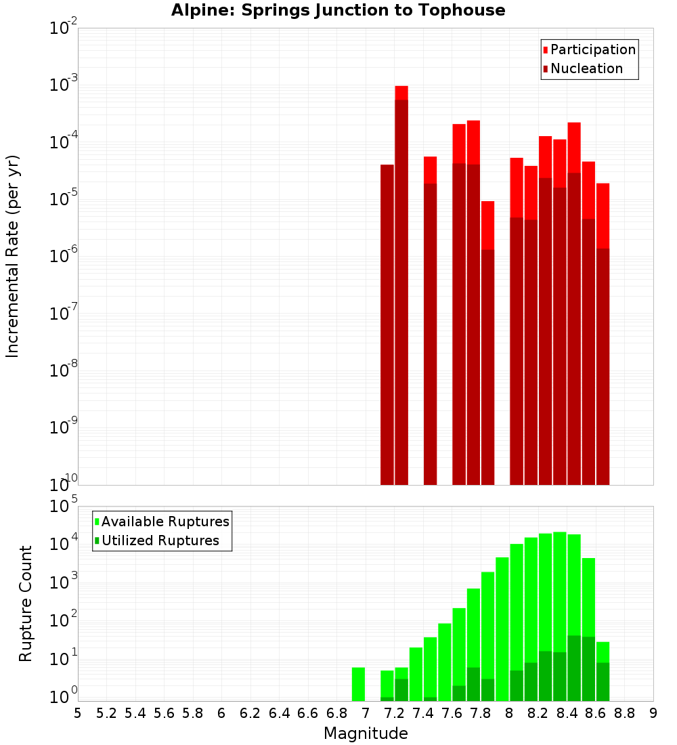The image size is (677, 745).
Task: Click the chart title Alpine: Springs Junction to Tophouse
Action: tap(338, 10)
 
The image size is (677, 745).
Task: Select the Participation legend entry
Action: tap(592, 49)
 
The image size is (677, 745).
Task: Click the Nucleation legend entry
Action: tap(586, 68)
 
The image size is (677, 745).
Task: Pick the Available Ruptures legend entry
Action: tap(165, 521)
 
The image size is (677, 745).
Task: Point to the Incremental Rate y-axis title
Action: tap(13, 256)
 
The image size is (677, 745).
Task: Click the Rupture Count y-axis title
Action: tap(26, 603)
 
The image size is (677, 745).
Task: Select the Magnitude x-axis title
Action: tap(366, 733)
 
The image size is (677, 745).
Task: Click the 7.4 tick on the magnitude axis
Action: tap(422, 713)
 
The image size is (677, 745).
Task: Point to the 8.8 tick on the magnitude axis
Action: tap(624, 713)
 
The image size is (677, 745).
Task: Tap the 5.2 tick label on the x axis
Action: tap(106, 713)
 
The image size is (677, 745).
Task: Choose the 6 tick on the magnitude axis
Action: tap(221, 713)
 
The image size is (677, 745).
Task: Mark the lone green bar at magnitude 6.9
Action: tap(358, 684)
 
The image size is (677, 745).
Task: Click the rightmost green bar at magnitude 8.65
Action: tap(603, 670)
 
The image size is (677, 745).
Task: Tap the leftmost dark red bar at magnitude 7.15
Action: tap(387, 325)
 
